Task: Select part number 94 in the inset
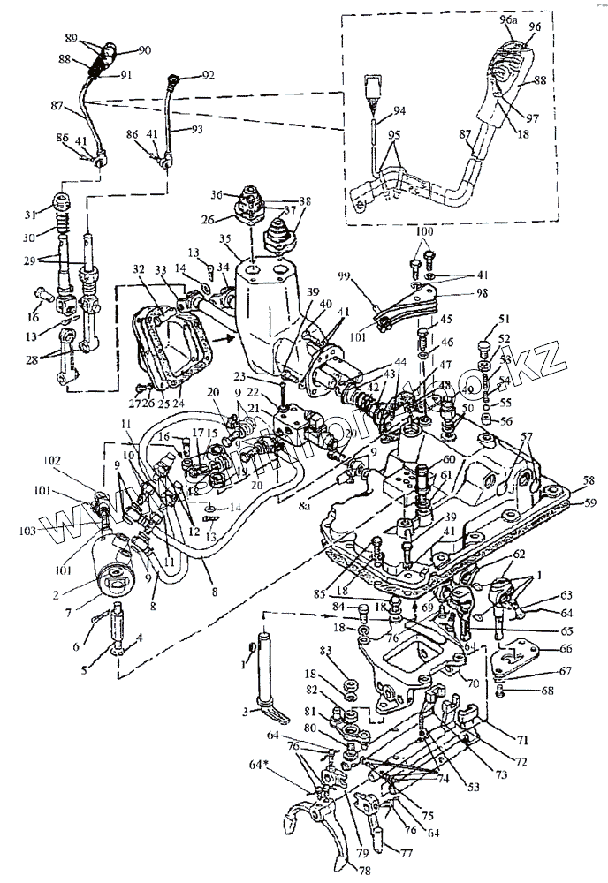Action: pyautogui.click(x=399, y=111)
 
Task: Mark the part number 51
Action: pyautogui.click(x=480, y=321)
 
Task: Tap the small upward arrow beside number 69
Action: pyautogui.click(x=417, y=607)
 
